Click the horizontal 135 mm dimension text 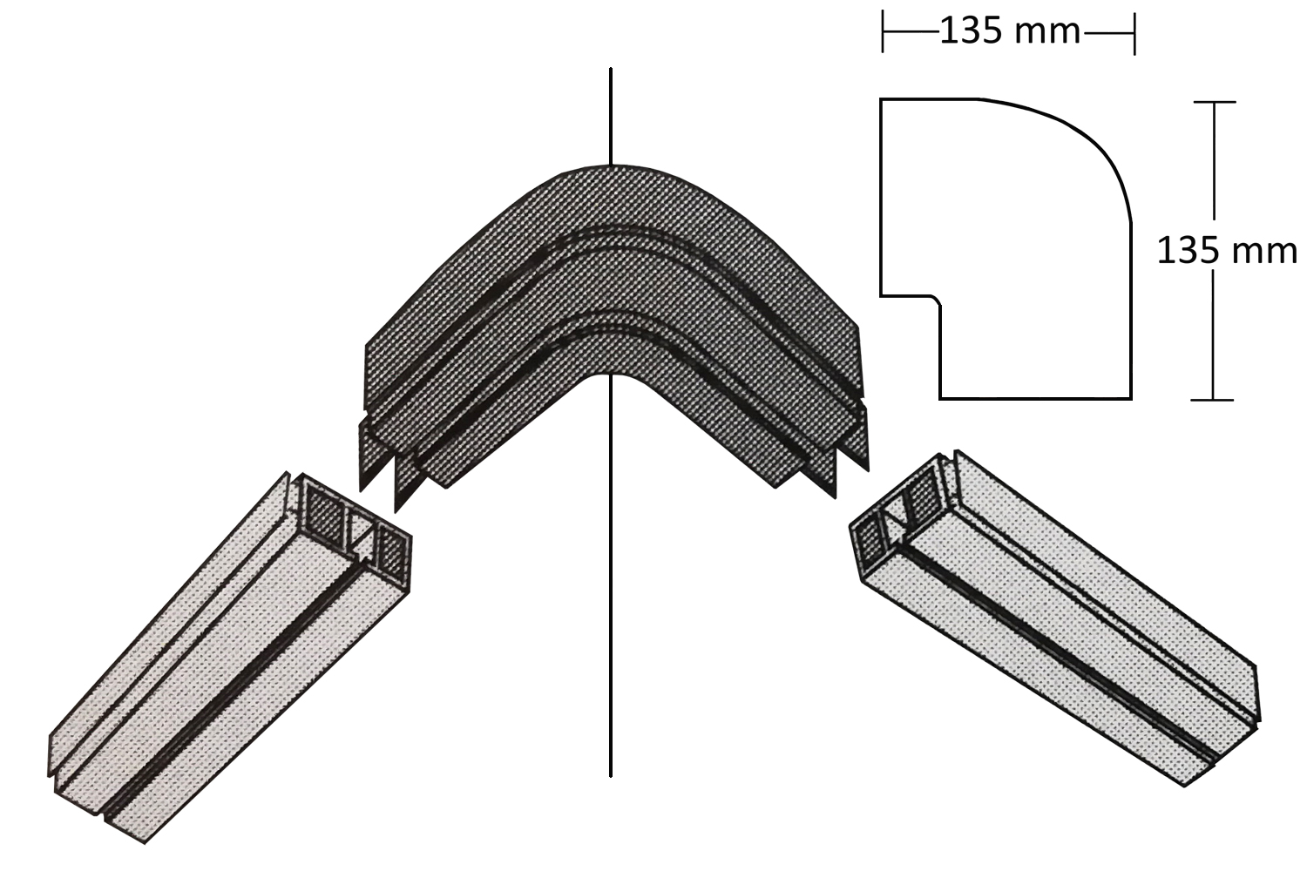pyautogui.click(x=1010, y=30)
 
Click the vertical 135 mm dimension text pyautogui.click(x=1227, y=252)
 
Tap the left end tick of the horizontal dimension pyautogui.click(x=882, y=31)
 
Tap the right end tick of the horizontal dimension pyautogui.click(x=1134, y=33)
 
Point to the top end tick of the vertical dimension pyautogui.click(x=1215, y=102)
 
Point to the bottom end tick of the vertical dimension pyautogui.click(x=1213, y=400)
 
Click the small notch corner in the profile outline pyautogui.click(x=936, y=301)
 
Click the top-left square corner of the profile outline pyautogui.click(x=881, y=99)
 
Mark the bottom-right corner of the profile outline pyautogui.click(x=1131, y=399)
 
